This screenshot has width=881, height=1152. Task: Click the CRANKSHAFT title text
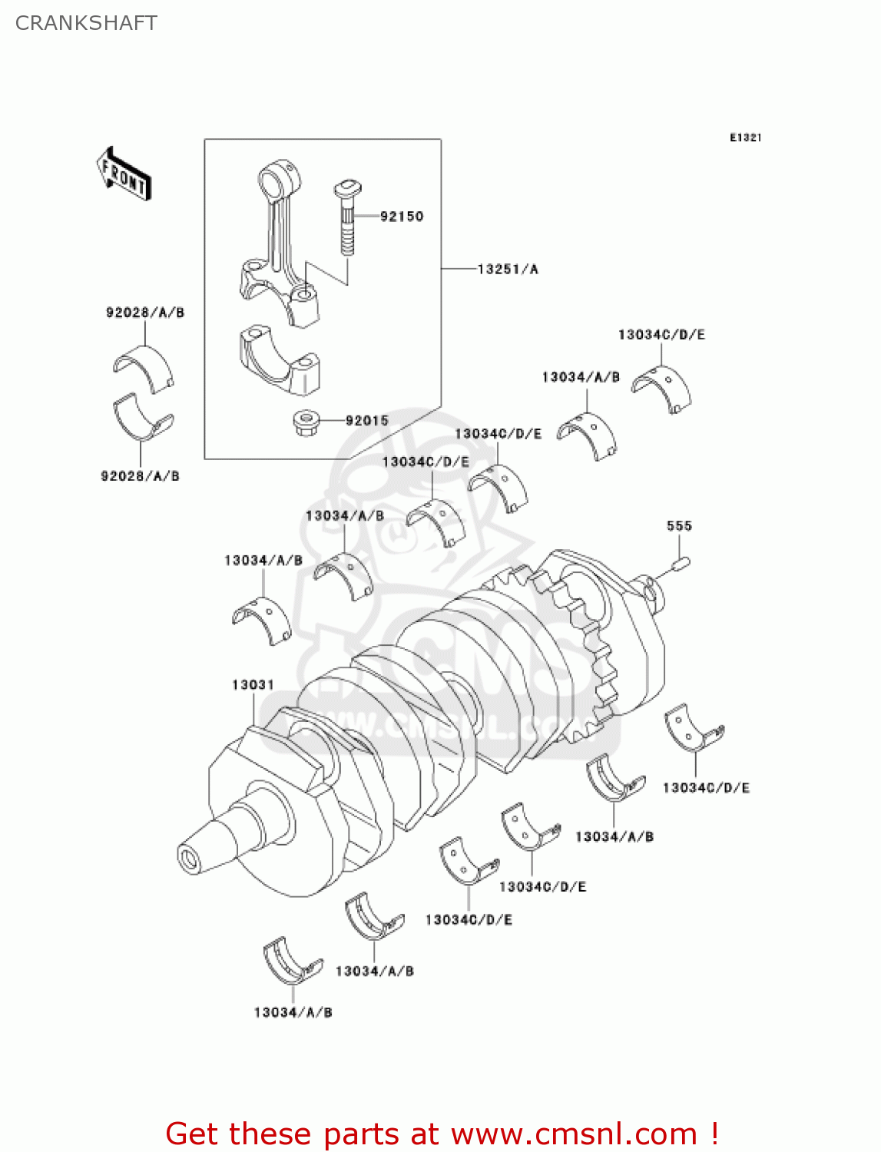pyautogui.click(x=86, y=23)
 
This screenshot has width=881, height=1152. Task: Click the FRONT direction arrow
pyautogui.click(x=124, y=174)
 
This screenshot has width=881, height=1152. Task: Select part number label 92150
pyautogui.click(x=402, y=217)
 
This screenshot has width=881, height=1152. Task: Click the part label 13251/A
pyautogui.click(x=508, y=270)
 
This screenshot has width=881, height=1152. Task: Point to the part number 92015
pyautogui.click(x=366, y=421)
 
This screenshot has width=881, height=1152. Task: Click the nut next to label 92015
pyautogui.click(x=306, y=422)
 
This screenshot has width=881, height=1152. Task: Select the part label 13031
pyautogui.click(x=253, y=684)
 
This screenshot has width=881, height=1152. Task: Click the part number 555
pyautogui.click(x=679, y=526)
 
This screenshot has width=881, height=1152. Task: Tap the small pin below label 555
pyautogui.click(x=681, y=564)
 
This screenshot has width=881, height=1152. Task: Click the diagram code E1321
pyautogui.click(x=745, y=137)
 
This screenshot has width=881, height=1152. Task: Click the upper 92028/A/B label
pyautogui.click(x=145, y=313)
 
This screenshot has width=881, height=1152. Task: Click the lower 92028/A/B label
pyautogui.click(x=140, y=476)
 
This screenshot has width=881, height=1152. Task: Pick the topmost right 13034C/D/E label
pyautogui.click(x=661, y=335)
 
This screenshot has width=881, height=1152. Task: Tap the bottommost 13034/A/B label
pyautogui.click(x=293, y=1012)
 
